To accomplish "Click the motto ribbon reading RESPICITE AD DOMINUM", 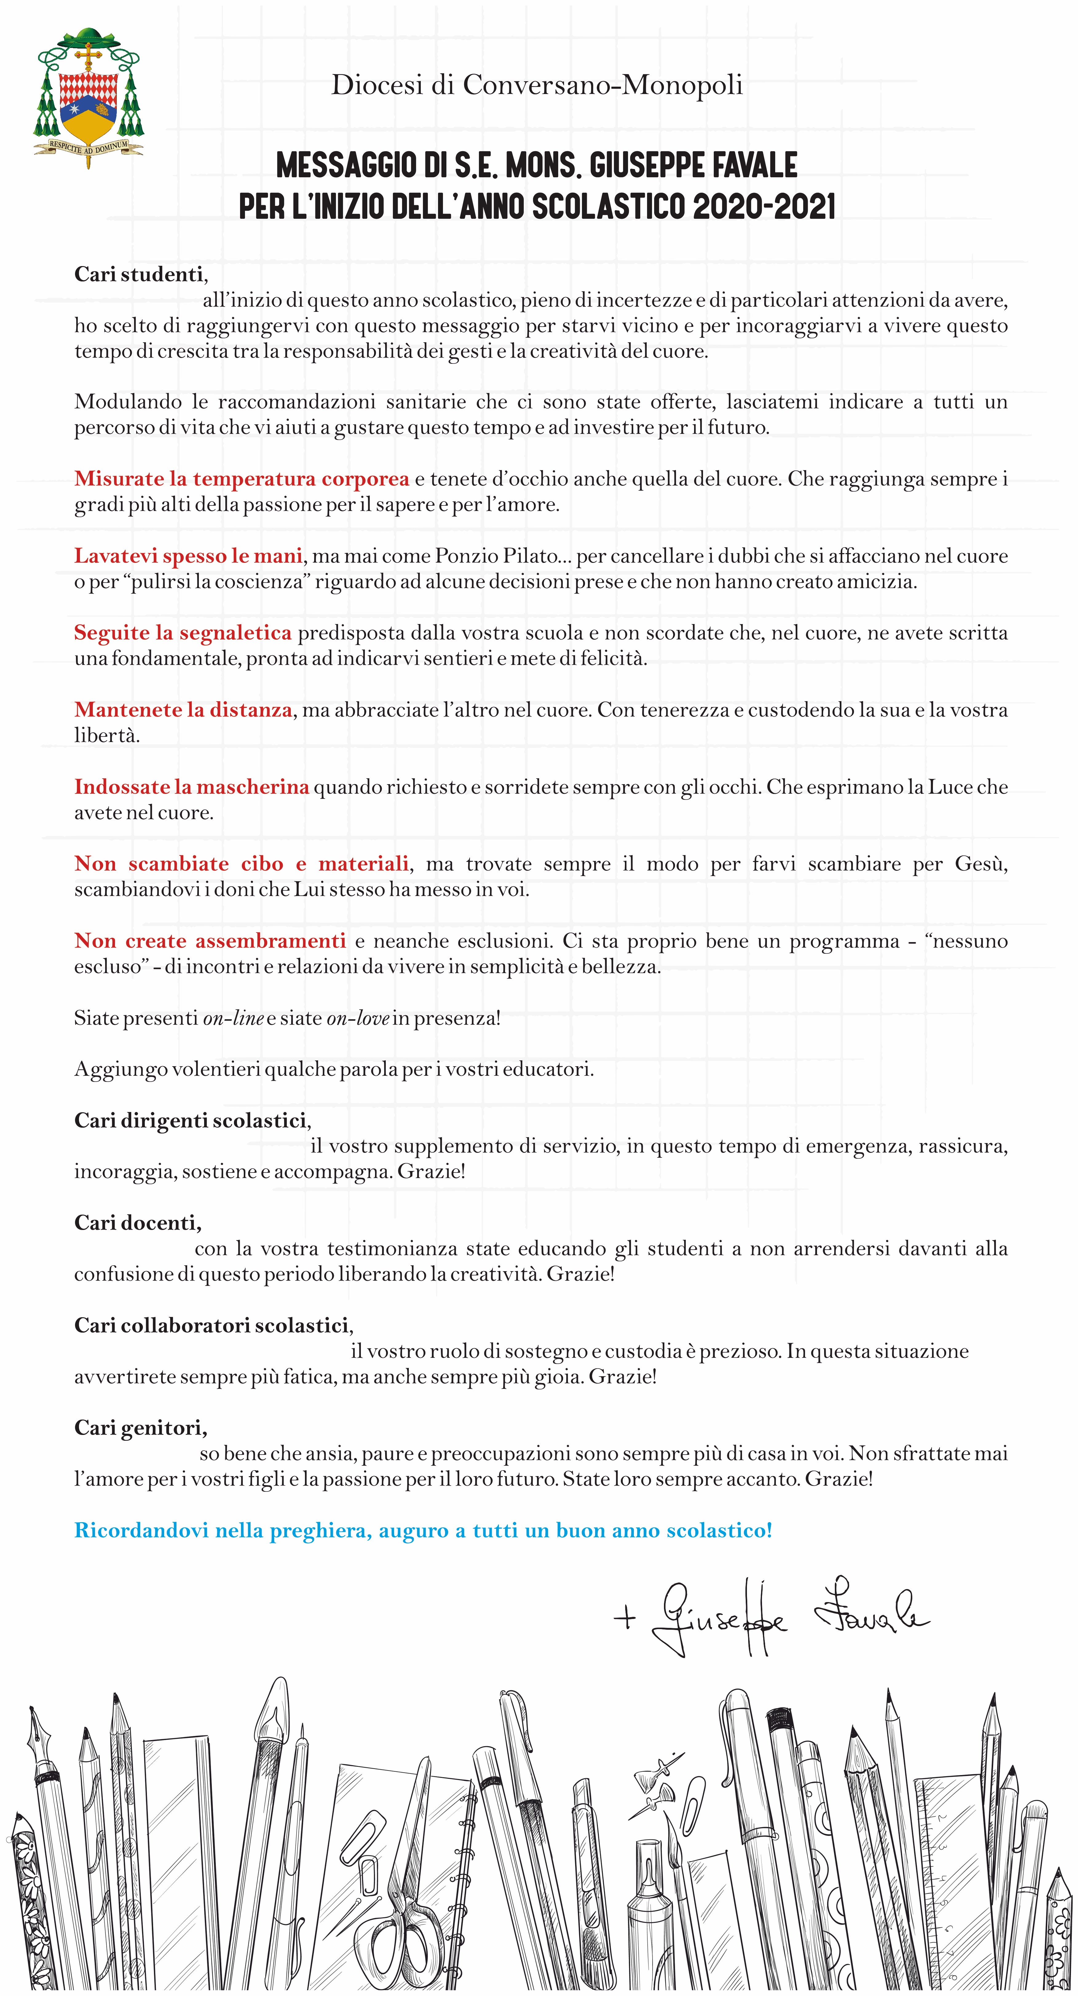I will click(88, 146).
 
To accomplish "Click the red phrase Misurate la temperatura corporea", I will click(241, 479).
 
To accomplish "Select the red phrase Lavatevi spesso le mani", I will click(188, 556).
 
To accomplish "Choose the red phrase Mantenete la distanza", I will click(183, 710).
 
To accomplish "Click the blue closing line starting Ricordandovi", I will click(422, 1530).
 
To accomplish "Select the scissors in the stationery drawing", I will click(403, 1891).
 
